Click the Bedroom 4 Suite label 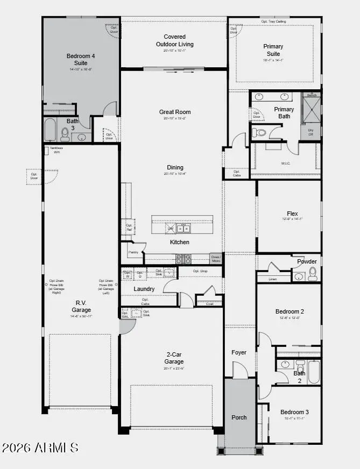click(81, 59)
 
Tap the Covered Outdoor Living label click(175, 40)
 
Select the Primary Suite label click(273, 50)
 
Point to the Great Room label click(175, 112)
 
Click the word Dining click(175, 167)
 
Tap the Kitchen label click(180, 242)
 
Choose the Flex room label click(292, 214)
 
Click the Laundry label click(144, 289)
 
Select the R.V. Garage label click(81, 307)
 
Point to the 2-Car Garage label click(174, 358)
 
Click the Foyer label click(239, 352)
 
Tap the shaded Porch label click(239, 417)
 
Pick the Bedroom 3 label click(294, 412)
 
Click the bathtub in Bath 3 click(50, 130)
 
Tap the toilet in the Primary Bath click(260, 132)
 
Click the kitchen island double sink click(183, 229)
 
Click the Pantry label click(133, 252)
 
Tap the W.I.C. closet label click(286, 164)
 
